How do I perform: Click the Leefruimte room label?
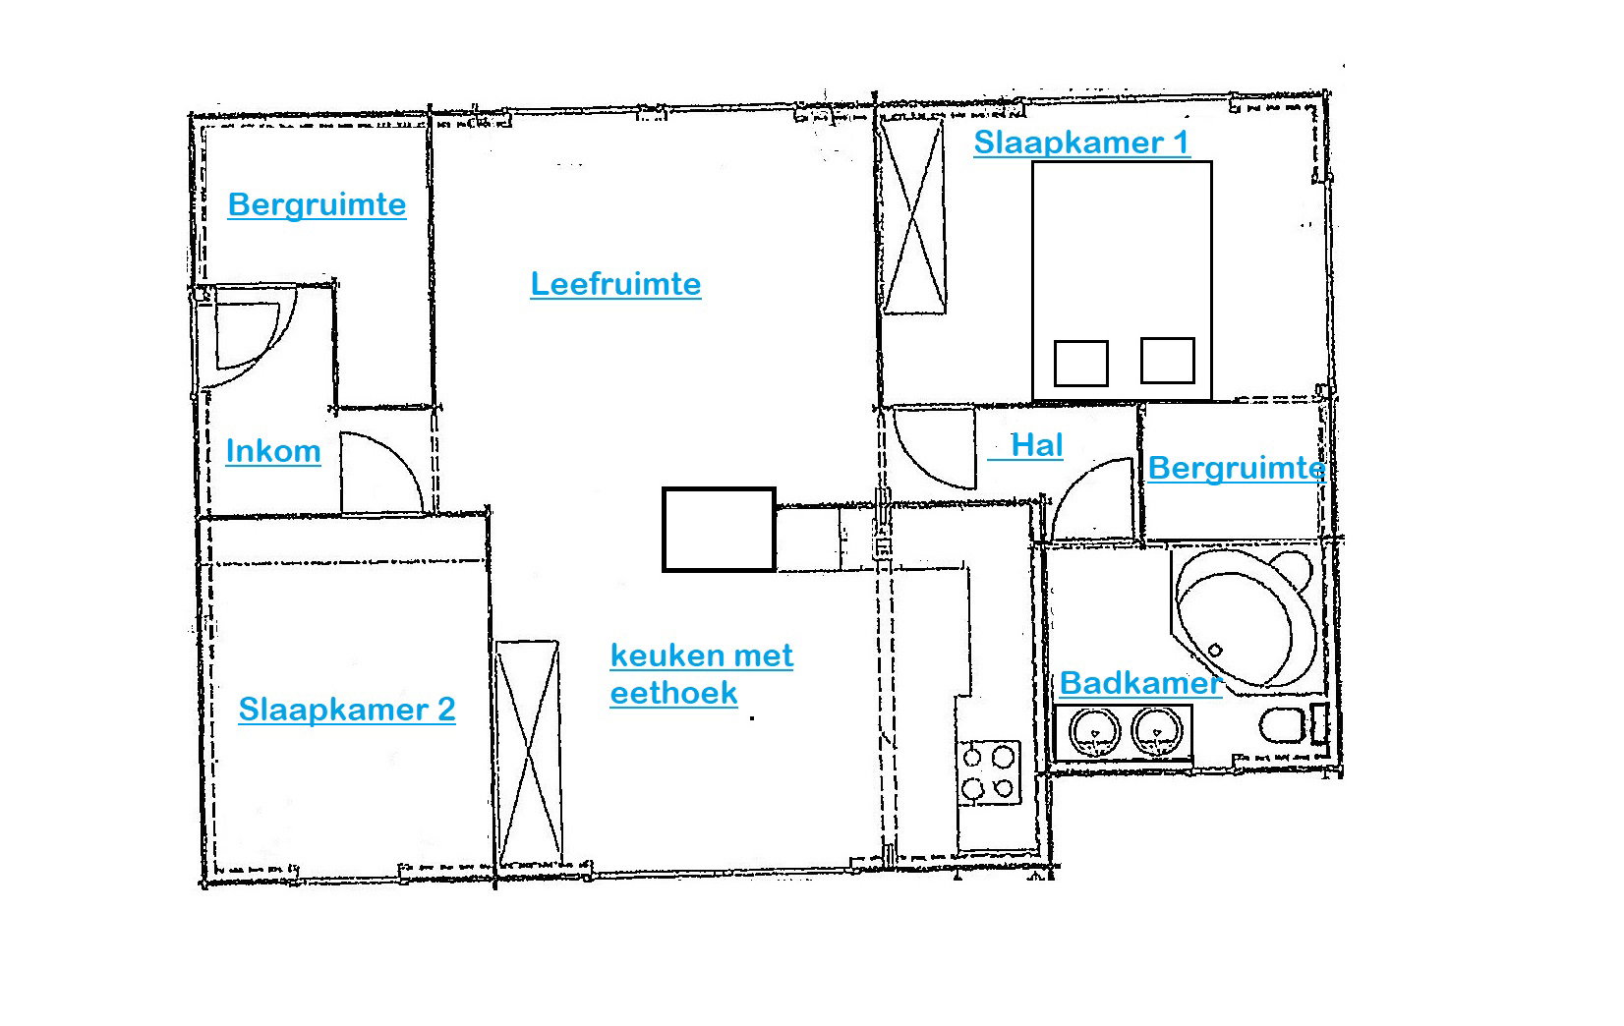(x=615, y=284)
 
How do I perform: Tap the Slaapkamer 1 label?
(x=1081, y=142)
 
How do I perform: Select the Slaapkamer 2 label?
(x=347, y=710)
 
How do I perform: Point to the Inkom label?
(x=272, y=451)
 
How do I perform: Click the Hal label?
(x=1036, y=445)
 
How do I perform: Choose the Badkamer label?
(x=1140, y=683)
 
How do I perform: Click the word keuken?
(x=662, y=655)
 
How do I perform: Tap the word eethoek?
(x=673, y=694)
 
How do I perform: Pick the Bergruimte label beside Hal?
(x=1237, y=468)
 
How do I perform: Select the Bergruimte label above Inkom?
(x=317, y=205)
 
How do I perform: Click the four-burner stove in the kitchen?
(x=988, y=772)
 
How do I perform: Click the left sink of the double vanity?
(x=1094, y=732)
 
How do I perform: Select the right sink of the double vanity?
(x=1157, y=732)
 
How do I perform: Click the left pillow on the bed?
(x=1080, y=363)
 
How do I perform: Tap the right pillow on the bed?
(x=1167, y=360)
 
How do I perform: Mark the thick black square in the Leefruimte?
(x=719, y=530)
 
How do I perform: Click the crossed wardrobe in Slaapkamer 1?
(x=913, y=216)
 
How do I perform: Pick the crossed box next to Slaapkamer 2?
(x=529, y=753)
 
